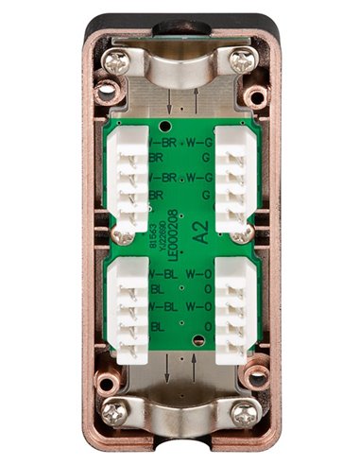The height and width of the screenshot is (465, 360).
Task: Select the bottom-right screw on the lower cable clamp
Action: tap(243, 412)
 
